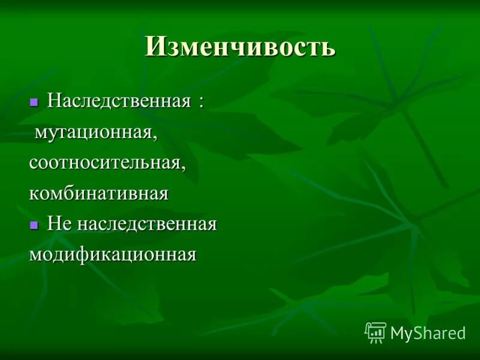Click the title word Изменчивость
(240, 46)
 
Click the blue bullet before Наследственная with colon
(34, 101)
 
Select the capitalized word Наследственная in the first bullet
(119, 100)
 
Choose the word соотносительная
(104, 163)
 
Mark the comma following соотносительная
(183, 168)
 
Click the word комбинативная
(98, 193)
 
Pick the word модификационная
(113, 255)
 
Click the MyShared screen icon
(376, 332)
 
